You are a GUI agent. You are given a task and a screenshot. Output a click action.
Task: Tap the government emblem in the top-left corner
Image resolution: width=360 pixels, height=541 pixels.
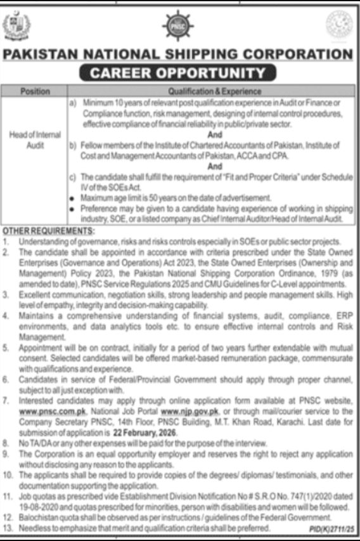coord(16,26)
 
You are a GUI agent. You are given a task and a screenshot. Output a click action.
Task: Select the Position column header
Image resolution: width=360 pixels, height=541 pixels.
coord(35,91)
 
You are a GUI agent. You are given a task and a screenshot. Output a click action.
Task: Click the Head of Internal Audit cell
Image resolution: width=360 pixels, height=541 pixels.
coord(35,139)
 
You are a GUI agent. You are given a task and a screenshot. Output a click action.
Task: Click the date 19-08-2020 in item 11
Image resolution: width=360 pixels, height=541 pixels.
coord(38,507)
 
